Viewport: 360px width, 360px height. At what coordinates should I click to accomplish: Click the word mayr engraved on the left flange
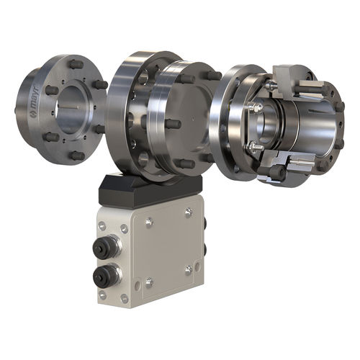(36, 95)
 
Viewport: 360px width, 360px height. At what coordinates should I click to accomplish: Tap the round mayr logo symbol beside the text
(32, 113)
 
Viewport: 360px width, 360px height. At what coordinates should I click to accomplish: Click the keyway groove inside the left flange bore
(69, 107)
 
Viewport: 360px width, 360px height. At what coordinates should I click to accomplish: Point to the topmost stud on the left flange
(76, 64)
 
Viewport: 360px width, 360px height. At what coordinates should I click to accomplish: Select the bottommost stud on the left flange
(77, 156)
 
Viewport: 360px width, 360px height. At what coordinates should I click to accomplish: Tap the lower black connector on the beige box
(107, 276)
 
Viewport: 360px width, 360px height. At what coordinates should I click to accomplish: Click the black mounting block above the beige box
(150, 189)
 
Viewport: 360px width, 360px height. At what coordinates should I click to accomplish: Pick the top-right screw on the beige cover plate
(189, 212)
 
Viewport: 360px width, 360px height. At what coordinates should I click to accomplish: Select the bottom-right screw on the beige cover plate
(189, 270)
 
